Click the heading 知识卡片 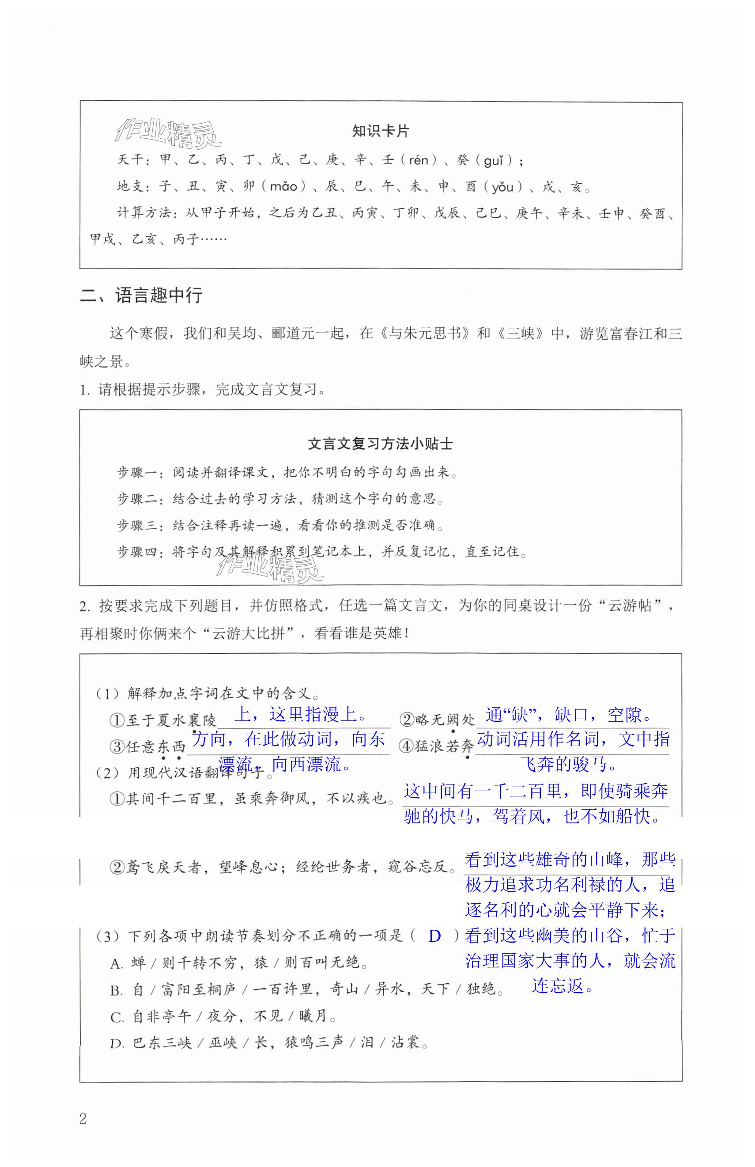[381, 132]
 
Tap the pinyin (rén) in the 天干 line [418, 160]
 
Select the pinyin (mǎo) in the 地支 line [284, 186]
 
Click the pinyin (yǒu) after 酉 [502, 186]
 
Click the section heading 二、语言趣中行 [141, 295]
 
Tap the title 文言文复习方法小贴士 [381, 444]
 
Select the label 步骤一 [137, 472]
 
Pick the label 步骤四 [137, 552]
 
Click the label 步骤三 [137, 525]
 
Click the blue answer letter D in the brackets [434, 936]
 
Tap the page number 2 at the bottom [83, 1118]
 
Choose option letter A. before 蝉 [116, 963]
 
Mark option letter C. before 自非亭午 [116, 1017]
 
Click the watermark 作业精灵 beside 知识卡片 [168, 133]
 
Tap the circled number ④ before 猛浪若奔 [406, 746]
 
